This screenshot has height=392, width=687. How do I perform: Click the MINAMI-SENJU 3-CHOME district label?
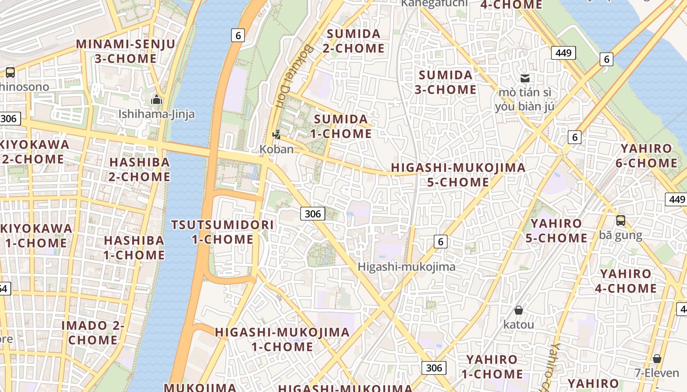tap(125, 51)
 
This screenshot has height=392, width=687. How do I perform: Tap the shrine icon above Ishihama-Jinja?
tap(157, 100)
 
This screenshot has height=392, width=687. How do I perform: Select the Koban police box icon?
tap(277, 134)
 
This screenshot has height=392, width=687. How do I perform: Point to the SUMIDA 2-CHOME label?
tap(353, 41)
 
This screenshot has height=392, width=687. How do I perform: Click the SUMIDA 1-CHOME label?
tap(341, 126)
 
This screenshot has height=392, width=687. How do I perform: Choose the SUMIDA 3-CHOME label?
tap(446, 82)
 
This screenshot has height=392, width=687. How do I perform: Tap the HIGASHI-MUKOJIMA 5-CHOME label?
tap(458, 175)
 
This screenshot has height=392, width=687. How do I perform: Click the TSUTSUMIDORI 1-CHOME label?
tap(222, 232)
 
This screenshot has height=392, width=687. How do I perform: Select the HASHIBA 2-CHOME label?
tap(139, 169)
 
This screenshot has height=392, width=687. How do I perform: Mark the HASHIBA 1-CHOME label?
tap(134, 247)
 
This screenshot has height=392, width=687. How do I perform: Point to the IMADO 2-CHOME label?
tap(93, 332)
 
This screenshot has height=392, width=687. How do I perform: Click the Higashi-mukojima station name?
tap(406, 267)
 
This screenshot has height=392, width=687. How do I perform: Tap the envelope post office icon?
tap(525, 78)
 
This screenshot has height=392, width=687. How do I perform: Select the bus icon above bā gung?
tap(621, 220)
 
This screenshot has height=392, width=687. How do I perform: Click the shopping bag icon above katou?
tap(519, 310)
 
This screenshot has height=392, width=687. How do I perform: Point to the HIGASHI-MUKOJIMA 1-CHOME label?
tap(282, 340)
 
